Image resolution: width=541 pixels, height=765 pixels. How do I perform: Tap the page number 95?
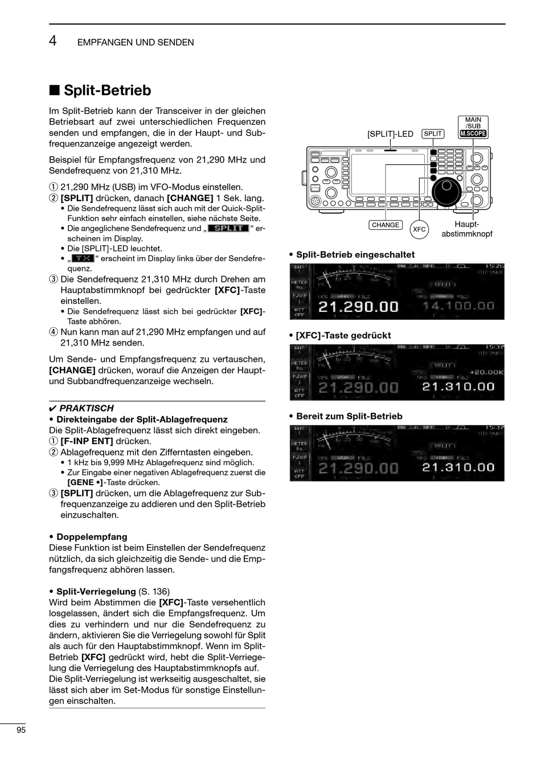22,730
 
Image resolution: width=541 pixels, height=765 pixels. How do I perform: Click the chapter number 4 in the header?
52,40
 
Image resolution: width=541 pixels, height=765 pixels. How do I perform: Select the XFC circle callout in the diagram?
419,229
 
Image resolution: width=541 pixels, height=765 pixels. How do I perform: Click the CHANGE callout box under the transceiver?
386,225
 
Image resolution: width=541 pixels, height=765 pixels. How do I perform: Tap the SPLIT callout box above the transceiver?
433,134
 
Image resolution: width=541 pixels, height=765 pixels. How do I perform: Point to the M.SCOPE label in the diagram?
473,134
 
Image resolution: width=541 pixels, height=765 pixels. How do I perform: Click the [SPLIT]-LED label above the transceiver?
390,135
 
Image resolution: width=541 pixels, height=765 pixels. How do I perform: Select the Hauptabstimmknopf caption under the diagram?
466,229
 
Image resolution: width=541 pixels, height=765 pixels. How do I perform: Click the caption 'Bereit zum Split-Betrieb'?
349,416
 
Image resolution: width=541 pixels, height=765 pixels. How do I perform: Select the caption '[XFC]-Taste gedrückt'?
343,335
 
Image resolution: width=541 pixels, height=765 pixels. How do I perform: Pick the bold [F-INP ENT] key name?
87,441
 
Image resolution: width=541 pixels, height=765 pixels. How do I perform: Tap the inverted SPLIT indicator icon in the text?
228,228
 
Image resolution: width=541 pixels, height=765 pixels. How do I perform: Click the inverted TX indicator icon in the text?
83,258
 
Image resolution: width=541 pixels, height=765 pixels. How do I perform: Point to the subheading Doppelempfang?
92,537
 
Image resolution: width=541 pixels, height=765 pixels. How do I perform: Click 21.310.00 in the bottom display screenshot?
458,467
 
